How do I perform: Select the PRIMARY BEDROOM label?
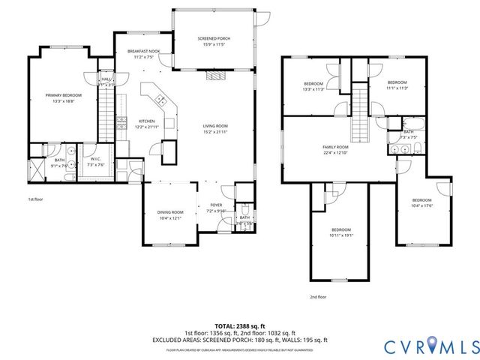[x=63, y=95]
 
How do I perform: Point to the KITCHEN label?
[x=146, y=121]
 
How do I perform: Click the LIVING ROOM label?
[x=215, y=125]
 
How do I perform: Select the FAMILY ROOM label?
[x=335, y=147]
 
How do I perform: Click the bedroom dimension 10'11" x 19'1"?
[x=340, y=235]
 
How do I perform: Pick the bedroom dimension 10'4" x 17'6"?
[x=422, y=206]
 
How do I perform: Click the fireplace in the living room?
[x=215, y=75]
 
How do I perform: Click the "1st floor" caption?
[x=34, y=200]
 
